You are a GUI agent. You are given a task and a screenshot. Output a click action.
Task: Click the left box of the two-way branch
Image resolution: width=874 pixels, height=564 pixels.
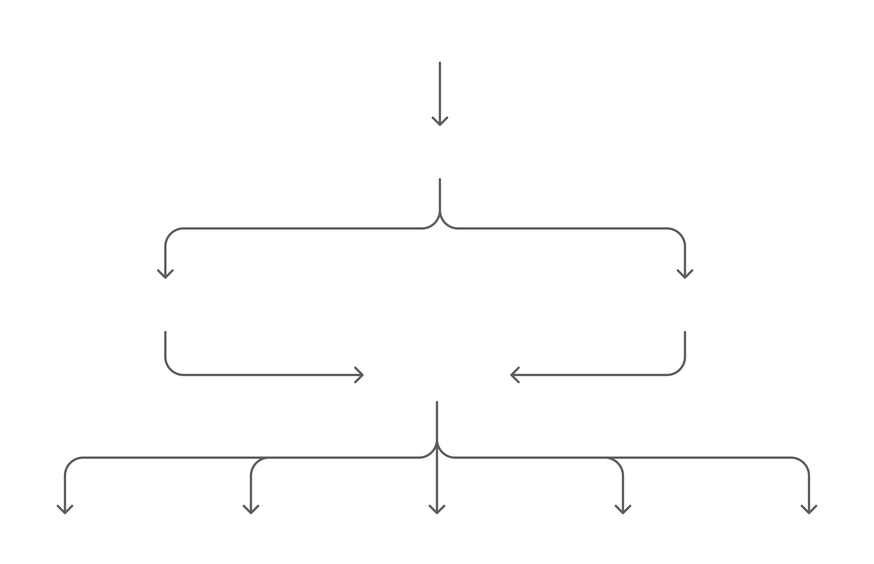click(165, 305)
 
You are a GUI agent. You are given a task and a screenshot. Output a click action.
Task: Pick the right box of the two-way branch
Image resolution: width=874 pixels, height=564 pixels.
click(685, 305)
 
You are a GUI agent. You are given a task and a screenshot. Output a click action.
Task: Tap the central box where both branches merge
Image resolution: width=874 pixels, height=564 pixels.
click(437, 375)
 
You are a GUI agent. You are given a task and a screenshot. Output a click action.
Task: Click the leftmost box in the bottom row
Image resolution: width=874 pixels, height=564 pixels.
click(65, 540)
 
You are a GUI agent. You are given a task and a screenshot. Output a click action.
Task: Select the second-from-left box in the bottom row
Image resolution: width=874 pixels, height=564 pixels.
click(251, 540)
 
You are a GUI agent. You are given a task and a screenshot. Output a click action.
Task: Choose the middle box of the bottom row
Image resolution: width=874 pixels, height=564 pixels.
click(437, 540)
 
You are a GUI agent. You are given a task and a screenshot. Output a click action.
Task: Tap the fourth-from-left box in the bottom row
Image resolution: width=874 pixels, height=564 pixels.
click(623, 540)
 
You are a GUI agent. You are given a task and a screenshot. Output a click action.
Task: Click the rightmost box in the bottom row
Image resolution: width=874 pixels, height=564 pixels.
click(808, 540)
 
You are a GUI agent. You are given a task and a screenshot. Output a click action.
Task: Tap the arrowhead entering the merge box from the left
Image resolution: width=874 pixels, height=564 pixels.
click(360, 375)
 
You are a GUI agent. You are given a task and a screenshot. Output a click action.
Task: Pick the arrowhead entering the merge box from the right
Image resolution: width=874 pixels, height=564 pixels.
click(514, 375)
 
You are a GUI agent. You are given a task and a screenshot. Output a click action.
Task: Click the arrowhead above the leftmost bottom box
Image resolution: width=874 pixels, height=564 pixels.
click(65, 510)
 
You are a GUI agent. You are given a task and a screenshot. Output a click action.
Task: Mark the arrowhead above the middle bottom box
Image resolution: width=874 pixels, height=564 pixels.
click(437, 510)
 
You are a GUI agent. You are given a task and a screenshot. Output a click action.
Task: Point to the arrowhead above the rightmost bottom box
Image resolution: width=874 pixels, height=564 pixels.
click(808, 510)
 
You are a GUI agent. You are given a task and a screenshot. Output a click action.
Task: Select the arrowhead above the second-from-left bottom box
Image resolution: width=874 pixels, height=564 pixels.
click(251, 510)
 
